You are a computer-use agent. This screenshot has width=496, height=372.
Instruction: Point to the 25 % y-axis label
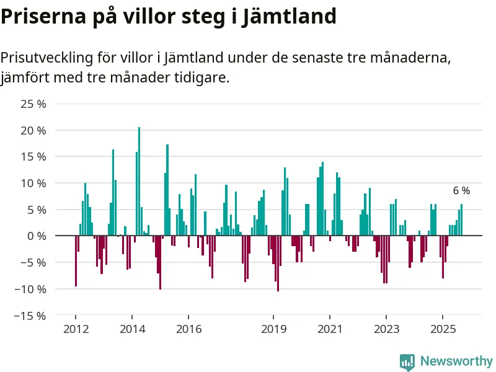33,104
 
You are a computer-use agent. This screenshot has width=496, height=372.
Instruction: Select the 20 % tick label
33,131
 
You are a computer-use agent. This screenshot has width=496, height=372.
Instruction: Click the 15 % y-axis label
33,157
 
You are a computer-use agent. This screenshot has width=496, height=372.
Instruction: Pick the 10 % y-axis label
33,184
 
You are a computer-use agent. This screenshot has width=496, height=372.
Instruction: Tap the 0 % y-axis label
36,236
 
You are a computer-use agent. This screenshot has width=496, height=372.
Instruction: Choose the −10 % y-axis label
31,289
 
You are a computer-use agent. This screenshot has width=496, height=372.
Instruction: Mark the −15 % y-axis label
31,316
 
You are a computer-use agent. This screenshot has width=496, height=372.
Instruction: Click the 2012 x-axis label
76,329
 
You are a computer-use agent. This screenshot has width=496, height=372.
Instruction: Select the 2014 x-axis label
132,329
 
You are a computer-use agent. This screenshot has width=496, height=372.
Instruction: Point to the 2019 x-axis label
273,329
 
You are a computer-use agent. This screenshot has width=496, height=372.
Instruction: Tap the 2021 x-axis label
330,329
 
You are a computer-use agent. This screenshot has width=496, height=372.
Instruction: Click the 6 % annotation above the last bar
461,191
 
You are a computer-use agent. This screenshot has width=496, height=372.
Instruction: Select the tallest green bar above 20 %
139,180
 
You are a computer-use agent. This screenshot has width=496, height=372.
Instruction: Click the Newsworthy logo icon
407,361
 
